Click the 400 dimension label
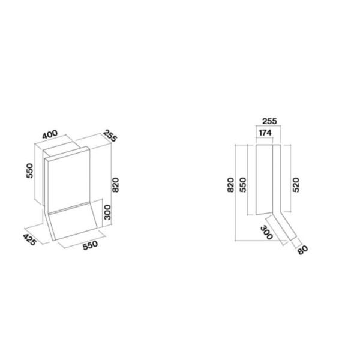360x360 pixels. point(50,134)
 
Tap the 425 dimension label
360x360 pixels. point(29,239)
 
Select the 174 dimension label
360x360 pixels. point(265,133)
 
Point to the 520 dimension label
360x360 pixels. point(296,185)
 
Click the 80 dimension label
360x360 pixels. point(302,250)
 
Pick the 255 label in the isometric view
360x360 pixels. point(110,136)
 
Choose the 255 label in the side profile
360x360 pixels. point(270,121)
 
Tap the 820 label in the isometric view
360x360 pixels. point(115,185)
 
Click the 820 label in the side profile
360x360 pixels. point(230,185)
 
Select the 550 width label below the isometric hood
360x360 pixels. point(90,245)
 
